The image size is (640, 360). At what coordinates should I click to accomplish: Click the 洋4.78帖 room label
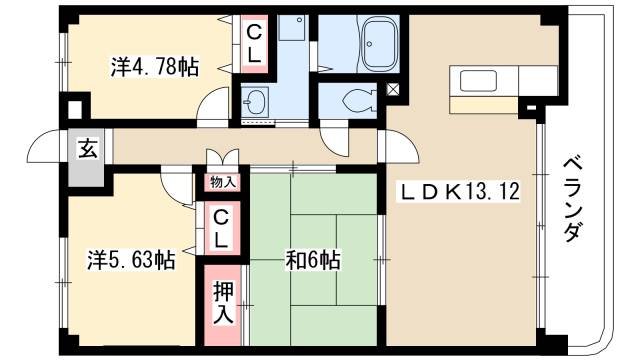pos(153,68)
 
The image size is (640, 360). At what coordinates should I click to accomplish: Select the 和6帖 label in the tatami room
pos(313,260)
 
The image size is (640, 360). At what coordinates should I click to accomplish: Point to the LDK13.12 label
pos(461,190)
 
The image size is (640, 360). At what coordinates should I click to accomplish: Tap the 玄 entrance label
pos(88,151)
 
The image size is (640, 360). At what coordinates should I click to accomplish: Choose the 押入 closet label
pos(222,300)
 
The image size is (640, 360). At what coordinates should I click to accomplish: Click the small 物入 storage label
pos(222,182)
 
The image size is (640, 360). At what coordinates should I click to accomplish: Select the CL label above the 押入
pos(222,228)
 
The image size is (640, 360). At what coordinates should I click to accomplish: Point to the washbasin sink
pos(256,102)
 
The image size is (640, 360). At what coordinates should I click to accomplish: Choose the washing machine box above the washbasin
pos(291,30)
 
